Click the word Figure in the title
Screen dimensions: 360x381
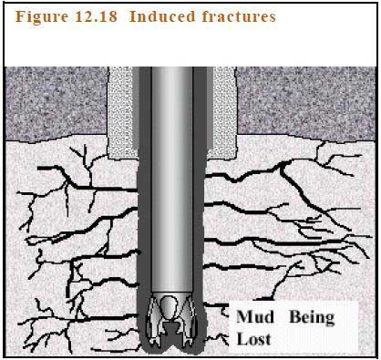[x=40, y=17]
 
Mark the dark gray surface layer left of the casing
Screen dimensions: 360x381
[x=55, y=100]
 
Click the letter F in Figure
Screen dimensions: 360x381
[x=21, y=17]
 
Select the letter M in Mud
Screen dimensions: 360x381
[x=244, y=317]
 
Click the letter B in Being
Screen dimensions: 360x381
[x=295, y=317]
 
